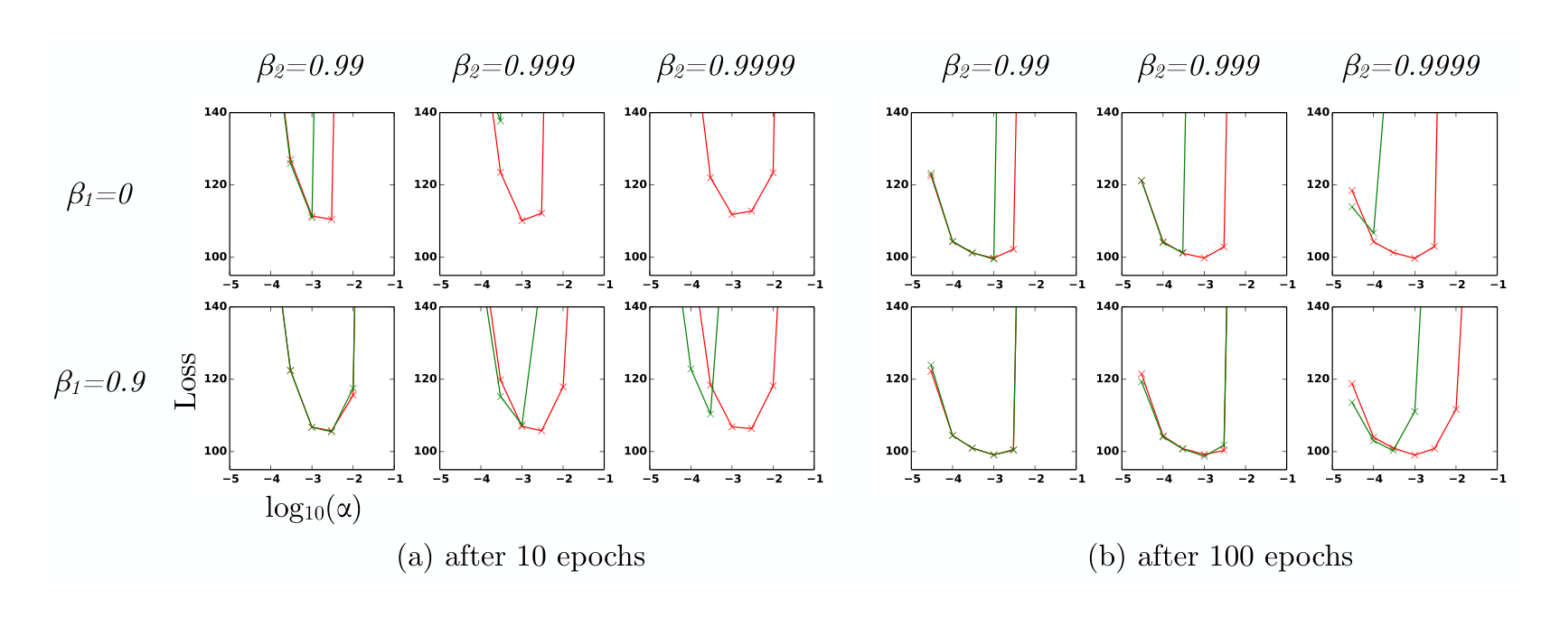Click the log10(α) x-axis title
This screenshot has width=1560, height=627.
313,508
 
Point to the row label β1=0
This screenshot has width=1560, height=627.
99,194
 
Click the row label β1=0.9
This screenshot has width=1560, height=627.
99,382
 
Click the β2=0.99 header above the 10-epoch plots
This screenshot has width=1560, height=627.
310,66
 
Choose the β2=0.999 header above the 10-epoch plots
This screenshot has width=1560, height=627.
512,66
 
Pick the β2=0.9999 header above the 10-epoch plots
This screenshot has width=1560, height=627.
725,66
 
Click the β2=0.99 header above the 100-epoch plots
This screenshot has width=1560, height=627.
995,66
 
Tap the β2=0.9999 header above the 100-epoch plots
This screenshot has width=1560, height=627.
1410,66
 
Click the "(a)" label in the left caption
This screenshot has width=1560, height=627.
416,556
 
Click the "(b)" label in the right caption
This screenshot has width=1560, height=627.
1107,556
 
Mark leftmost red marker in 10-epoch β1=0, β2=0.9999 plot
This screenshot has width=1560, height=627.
710,177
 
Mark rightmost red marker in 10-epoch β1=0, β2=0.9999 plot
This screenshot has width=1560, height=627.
773,172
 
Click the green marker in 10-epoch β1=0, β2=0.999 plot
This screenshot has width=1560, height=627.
500,120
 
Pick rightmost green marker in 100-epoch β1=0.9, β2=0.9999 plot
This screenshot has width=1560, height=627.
1414,411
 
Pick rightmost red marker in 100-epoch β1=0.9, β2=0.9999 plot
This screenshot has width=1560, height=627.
1456,409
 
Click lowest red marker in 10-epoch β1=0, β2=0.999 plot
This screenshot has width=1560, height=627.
522,220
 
